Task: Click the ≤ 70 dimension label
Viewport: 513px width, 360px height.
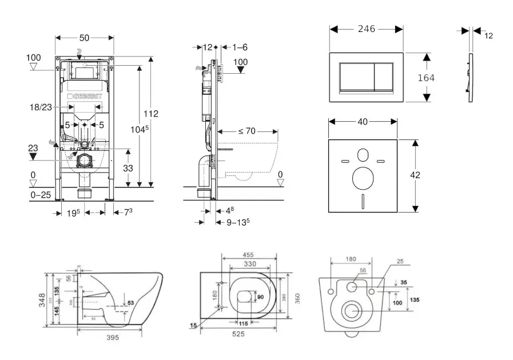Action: pos(247,131)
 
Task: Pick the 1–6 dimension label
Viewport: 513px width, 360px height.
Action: pos(240,47)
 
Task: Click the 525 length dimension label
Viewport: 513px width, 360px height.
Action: pos(238,334)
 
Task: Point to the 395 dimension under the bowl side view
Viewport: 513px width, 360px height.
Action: pos(112,338)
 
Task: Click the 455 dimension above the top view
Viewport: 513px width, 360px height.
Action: pos(248,255)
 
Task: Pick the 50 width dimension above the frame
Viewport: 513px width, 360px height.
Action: pos(84,38)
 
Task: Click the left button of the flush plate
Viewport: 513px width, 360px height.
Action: pos(357,78)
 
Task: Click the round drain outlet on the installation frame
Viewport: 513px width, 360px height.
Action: pos(85,160)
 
